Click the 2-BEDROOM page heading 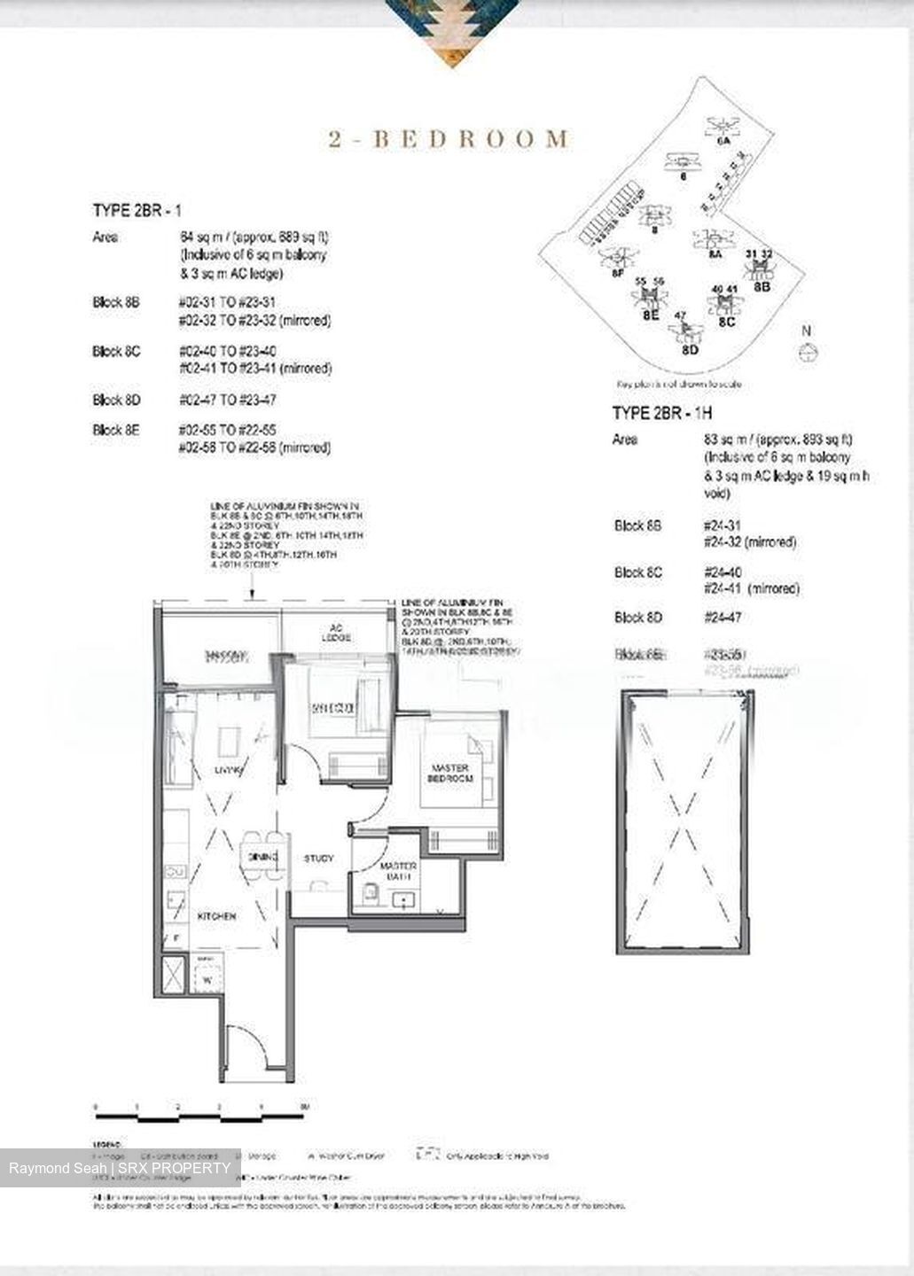pyautogui.click(x=449, y=139)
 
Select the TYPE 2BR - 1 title pyautogui.click(x=137, y=210)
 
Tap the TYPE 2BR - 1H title pyautogui.click(x=662, y=413)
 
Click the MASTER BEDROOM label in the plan pyautogui.click(x=451, y=773)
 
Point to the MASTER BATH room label pyautogui.click(x=398, y=870)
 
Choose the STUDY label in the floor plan pyautogui.click(x=318, y=858)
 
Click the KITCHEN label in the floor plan pyautogui.click(x=216, y=916)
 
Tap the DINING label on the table pyautogui.click(x=263, y=857)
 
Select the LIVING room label pyautogui.click(x=228, y=771)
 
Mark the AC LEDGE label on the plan pyautogui.click(x=336, y=633)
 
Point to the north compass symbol pyautogui.click(x=807, y=353)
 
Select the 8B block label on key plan pyautogui.click(x=762, y=286)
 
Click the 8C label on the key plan pyautogui.click(x=726, y=322)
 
